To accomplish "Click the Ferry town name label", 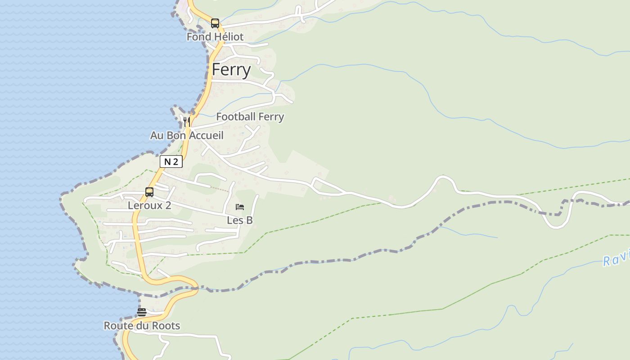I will pos(231,70).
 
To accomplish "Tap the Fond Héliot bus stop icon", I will pos(215,23).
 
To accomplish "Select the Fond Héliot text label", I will pos(215,37).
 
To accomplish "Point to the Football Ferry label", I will pos(250,117).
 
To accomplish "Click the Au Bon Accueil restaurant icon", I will pos(187,121).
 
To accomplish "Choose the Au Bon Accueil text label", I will pos(187,135).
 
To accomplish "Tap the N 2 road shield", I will pos(171,162).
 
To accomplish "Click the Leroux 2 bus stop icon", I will pos(149,192).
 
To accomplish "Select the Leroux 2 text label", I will pos(149,206).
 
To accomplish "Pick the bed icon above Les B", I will pos(240,207).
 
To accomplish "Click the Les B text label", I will pos(240,220).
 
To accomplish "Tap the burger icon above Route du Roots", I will pos(142,312).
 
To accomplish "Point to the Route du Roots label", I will pos(142,326).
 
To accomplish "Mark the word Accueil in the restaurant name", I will pos(206,135).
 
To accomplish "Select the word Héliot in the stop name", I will pos(229,37).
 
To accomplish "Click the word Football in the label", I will pos(235,117).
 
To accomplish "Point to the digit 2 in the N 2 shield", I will pos(175,162).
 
